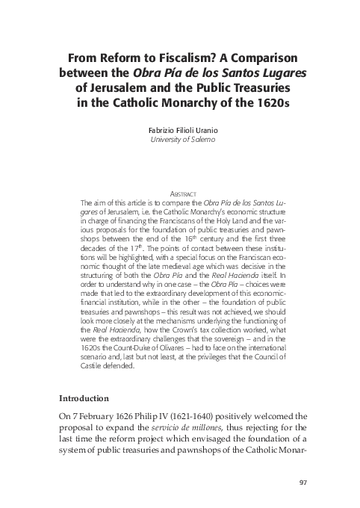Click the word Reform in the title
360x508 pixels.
click(x=122, y=60)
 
